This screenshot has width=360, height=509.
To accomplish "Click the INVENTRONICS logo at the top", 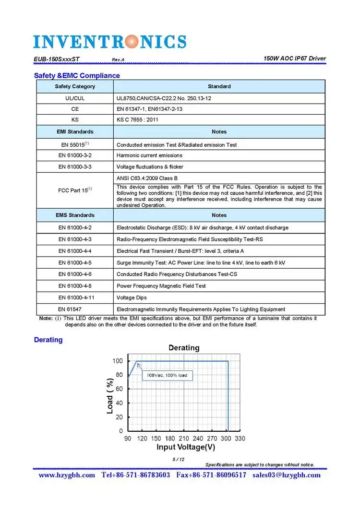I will [x=110, y=41].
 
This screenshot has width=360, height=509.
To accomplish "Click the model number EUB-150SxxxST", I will [x=57, y=59].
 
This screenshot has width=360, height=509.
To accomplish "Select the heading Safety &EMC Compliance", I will [x=77, y=76].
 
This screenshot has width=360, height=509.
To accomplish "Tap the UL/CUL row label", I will [x=75, y=98].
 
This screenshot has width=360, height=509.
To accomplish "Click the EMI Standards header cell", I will [x=75, y=131].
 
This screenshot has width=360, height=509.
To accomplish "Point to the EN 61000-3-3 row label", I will [x=75, y=167].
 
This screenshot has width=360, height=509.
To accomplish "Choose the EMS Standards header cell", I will [x=75, y=215].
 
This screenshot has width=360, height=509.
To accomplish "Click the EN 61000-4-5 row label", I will [x=75, y=263].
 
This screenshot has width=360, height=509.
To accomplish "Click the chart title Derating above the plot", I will [x=184, y=347].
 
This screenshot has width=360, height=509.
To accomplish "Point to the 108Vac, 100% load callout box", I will [x=167, y=375].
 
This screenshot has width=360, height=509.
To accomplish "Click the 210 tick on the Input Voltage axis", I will [x=184, y=438].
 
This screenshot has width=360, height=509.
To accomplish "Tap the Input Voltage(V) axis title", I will [x=186, y=448].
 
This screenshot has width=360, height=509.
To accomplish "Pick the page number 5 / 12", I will [x=179, y=460].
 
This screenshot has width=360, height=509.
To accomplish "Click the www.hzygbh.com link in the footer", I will [x=67, y=475].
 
